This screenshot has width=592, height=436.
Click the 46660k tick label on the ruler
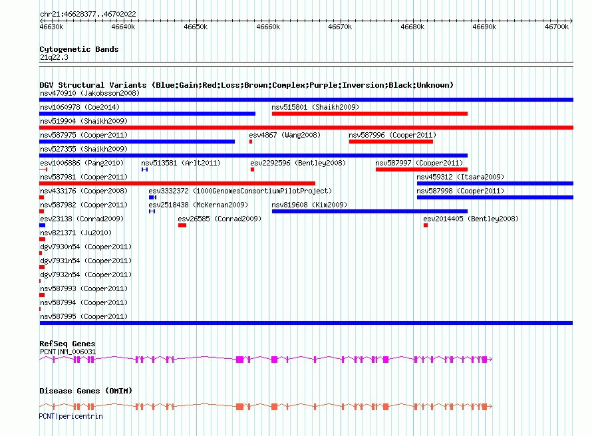pos(268,27)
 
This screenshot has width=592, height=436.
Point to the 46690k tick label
pos(484,27)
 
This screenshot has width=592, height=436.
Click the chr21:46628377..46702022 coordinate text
pos(88,15)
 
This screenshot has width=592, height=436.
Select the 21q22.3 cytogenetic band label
pos(54,57)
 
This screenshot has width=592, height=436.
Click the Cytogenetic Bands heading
pos(79,49)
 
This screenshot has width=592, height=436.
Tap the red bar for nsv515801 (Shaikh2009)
pos(370,114)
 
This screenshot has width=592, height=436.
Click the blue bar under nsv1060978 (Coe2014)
pos(147,114)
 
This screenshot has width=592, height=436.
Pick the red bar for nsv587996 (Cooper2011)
pos(391,142)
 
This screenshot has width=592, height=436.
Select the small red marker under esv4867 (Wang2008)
pos(251,142)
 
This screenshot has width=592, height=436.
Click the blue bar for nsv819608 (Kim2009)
pos(370,211)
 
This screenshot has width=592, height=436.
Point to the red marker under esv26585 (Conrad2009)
pos(182,225)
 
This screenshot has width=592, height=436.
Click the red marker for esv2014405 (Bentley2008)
pos(426,225)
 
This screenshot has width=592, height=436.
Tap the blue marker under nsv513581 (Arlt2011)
pos(144,169)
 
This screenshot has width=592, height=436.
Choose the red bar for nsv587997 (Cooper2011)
pos(422,169)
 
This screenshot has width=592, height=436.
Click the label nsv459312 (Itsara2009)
pos(460,177)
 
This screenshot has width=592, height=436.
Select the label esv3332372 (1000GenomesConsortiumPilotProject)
pos(240,191)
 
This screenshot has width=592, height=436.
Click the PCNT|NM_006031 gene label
pos(68,352)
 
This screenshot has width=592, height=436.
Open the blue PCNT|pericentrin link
pos(71,416)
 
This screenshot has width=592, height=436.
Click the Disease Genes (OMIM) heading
pos(86,391)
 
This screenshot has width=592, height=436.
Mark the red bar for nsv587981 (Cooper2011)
pos(177,183)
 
